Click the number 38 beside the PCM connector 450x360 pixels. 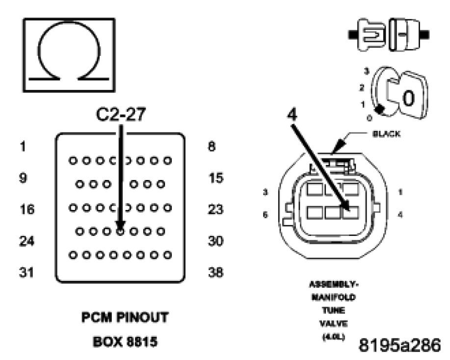(216, 272)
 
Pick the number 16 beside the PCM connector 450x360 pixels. (27, 210)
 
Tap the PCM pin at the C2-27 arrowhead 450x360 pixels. (120, 230)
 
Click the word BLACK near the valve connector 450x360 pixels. (386, 133)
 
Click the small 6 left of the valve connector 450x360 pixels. (265, 214)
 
